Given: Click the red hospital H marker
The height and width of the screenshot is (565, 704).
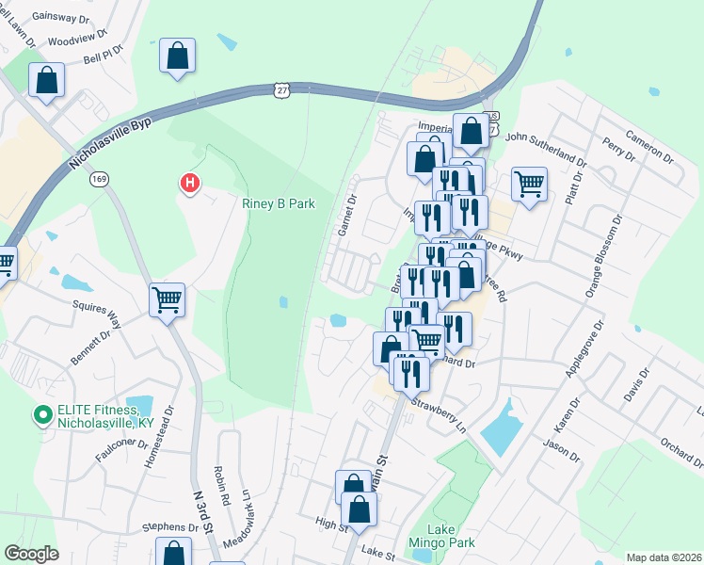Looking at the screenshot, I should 190,182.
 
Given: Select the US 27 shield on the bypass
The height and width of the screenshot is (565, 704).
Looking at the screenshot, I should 281,89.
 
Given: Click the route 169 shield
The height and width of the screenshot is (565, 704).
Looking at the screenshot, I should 99,178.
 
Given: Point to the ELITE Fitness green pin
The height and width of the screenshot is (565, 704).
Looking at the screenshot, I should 42,414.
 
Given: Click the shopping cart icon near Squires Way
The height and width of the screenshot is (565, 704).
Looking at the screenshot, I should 168,300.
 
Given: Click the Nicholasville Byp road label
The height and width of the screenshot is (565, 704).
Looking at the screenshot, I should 109,143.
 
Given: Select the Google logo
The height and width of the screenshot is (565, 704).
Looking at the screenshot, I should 32,554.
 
